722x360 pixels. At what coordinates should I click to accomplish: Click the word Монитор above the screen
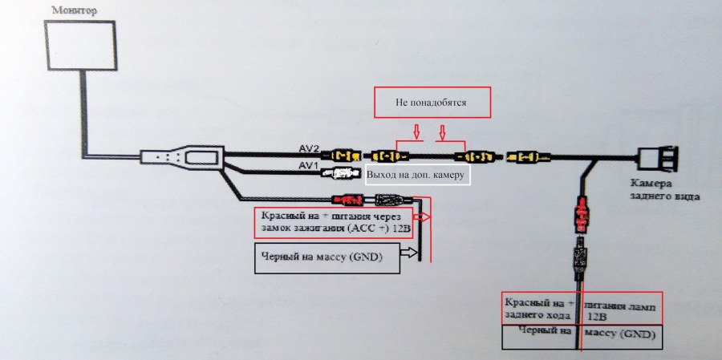(73, 10)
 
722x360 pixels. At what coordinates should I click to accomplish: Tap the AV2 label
(309, 150)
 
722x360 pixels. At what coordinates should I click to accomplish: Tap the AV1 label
(309, 166)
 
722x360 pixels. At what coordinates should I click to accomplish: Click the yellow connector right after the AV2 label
(347, 153)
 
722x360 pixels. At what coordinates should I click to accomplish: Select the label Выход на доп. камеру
(415, 175)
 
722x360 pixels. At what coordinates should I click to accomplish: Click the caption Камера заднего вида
(663, 188)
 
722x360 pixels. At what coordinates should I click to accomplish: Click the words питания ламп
(619, 305)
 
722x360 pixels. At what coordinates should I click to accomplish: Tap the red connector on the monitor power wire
(347, 200)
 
